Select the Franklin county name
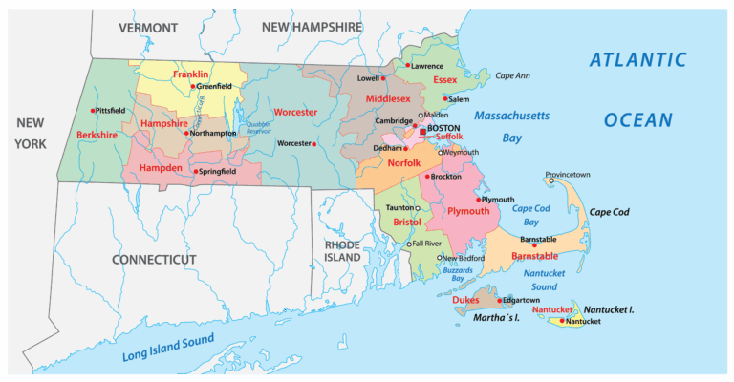tap(191, 74)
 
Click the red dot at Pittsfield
tap(93, 111)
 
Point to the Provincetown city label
tap(568, 175)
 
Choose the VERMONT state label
tap(148, 28)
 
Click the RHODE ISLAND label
tap(342, 250)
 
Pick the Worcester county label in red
tap(295, 112)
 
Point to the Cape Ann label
tap(512, 74)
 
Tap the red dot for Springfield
tap(196, 172)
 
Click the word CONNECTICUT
tap(154, 260)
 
